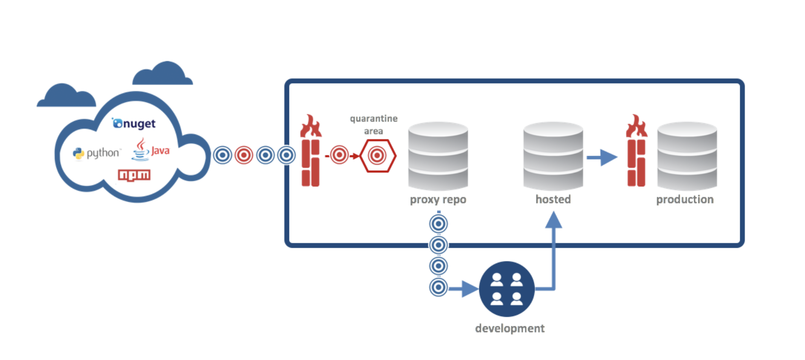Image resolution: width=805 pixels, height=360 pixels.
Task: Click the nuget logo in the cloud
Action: [134, 124]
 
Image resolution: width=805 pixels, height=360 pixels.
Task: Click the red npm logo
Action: [134, 175]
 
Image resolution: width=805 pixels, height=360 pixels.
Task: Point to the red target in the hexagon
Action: [377, 156]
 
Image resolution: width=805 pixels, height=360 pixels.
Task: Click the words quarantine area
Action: [374, 125]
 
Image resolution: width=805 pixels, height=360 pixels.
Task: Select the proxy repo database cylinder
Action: [438, 156]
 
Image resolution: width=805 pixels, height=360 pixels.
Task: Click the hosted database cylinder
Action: [553, 156]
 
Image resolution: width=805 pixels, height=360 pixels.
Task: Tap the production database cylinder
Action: [687, 156]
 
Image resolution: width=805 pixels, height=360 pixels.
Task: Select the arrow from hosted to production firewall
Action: [602, 157]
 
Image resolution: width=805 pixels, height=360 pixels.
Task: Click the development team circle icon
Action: [507, 289]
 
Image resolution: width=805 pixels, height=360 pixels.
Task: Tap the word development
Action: [510, 328]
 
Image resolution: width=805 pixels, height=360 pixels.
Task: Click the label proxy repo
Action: [438, 200]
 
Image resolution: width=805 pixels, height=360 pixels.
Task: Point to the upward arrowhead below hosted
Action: [553, 221]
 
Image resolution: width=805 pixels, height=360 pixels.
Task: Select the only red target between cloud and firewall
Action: [244, 155]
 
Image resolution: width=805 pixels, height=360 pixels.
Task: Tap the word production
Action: [685, 200]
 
